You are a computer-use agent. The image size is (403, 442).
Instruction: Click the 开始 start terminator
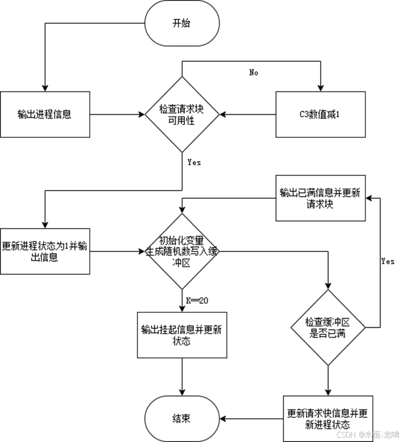point(182,23)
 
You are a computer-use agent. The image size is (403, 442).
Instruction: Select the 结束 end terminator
point(182,418)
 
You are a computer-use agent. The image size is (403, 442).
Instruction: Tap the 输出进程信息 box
point(45,114)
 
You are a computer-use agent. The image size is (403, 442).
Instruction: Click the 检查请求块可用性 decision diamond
point(182,114)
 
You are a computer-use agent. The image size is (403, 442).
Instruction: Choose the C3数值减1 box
point(321,114)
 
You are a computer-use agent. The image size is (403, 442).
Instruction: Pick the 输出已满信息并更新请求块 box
point(321,198)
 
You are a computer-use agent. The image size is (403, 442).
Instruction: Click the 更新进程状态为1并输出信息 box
point(45,251)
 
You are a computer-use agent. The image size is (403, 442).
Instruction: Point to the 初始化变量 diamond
point(182,251)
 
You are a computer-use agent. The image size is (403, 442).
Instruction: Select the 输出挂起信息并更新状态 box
point(182,334)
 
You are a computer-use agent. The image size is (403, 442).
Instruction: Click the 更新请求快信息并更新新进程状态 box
point(328,418)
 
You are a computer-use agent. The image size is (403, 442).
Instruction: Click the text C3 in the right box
point(304,114)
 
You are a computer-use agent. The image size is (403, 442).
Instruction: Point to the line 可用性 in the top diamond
point(182,120)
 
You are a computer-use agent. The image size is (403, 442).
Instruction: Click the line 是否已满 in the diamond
point(328,334)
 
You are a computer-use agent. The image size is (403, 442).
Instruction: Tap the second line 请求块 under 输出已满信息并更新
point(321,205)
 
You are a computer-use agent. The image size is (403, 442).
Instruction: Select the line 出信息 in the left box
point(45,258)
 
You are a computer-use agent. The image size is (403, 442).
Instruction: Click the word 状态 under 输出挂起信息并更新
point(182,341)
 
